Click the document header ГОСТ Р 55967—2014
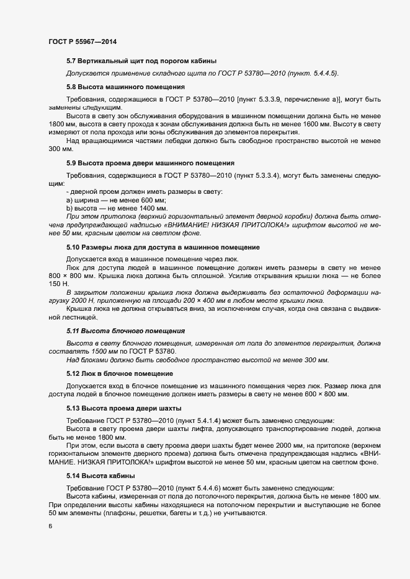(x=82, y=41)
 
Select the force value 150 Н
(x=58, y=282)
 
